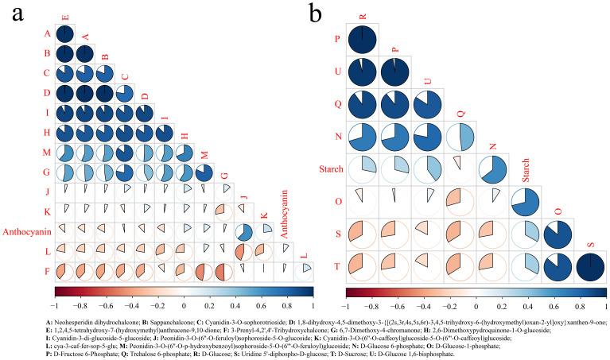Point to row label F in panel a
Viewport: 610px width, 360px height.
(46, 270)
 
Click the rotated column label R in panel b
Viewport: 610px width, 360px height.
(362, 14)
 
